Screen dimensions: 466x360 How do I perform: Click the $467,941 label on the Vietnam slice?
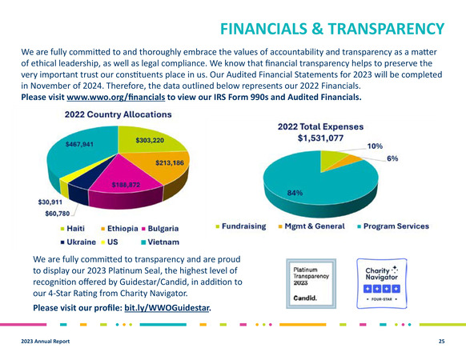[x=79, y=144]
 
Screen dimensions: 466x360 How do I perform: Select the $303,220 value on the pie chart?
[x=150, y=140]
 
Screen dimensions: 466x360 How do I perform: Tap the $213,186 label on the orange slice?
[x=170, y=162]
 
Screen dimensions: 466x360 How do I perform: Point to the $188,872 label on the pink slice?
[x=126, y=185]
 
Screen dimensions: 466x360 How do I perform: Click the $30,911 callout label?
[x=50, y=202]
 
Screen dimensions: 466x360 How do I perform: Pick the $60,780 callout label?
[x=58, y=214]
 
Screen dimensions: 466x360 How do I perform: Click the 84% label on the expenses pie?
[x=295, y=193]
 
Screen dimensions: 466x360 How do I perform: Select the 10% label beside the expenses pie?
[x=375, y=146]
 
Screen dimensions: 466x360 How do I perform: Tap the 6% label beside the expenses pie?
[x=392, y=158]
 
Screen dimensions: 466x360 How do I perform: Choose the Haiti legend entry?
[x=73, y=229]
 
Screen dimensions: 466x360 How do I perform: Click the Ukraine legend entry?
[x=78, y=242]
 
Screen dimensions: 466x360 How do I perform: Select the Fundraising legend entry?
[x=241, y=226]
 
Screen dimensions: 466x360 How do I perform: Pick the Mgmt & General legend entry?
[x=311, y=226]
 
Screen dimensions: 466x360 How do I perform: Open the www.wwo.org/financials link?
[x=116, y=97]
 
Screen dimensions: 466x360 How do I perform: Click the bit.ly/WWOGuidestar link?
[x=167, y=308]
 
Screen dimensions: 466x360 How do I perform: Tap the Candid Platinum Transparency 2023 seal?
[x=311, y=284]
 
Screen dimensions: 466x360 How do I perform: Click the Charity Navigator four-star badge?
[x=382, y=284]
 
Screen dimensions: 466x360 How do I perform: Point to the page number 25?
[x=442, y=342]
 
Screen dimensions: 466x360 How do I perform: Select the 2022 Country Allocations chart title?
[x=119, y=114]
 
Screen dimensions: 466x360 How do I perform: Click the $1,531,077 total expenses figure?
[x=320, y=138]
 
